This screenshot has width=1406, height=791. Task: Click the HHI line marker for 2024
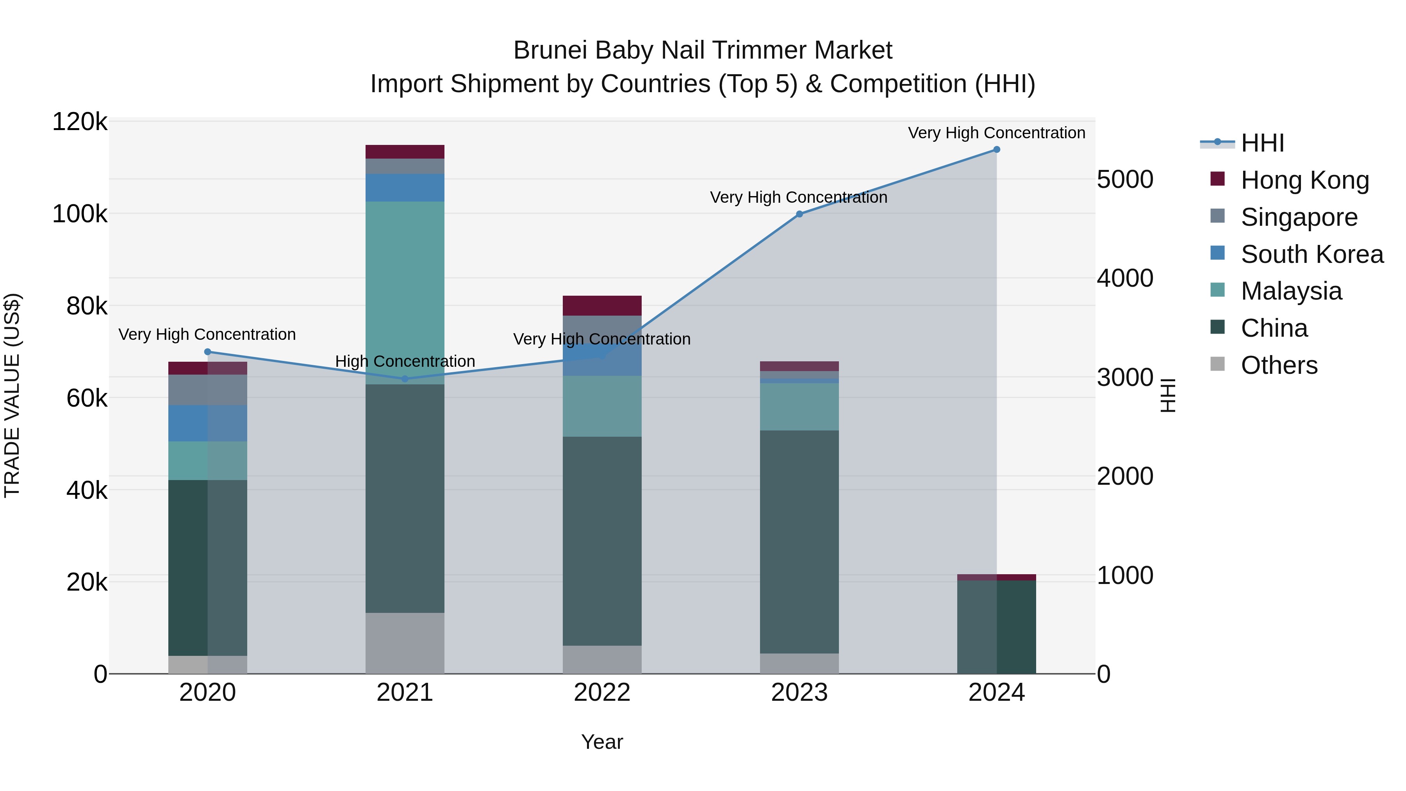pyautogui.click(x=997, y=150)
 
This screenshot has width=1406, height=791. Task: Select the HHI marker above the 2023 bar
pyautogui.click(x=799, y=214)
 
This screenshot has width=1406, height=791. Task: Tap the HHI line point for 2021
pyautogui.click(x=405, y=379)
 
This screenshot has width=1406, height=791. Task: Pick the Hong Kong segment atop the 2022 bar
pyautogui.click(x=602, y=306)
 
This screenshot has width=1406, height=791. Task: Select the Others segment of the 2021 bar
pyautogui.click(x=405, y=643)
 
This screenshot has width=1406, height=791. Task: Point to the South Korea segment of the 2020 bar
pyautogui.click(x=207, y=423)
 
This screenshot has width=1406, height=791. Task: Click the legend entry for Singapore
pyautogui.click(x=1299, y=217)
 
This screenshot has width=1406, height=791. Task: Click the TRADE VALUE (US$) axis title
pyautogui.click(x=12, y=395)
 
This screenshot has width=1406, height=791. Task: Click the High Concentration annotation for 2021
pyautogui.click(x=405, y=361)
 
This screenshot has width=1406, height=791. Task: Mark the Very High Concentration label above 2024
pyautogui.click(x=997, y=133)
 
